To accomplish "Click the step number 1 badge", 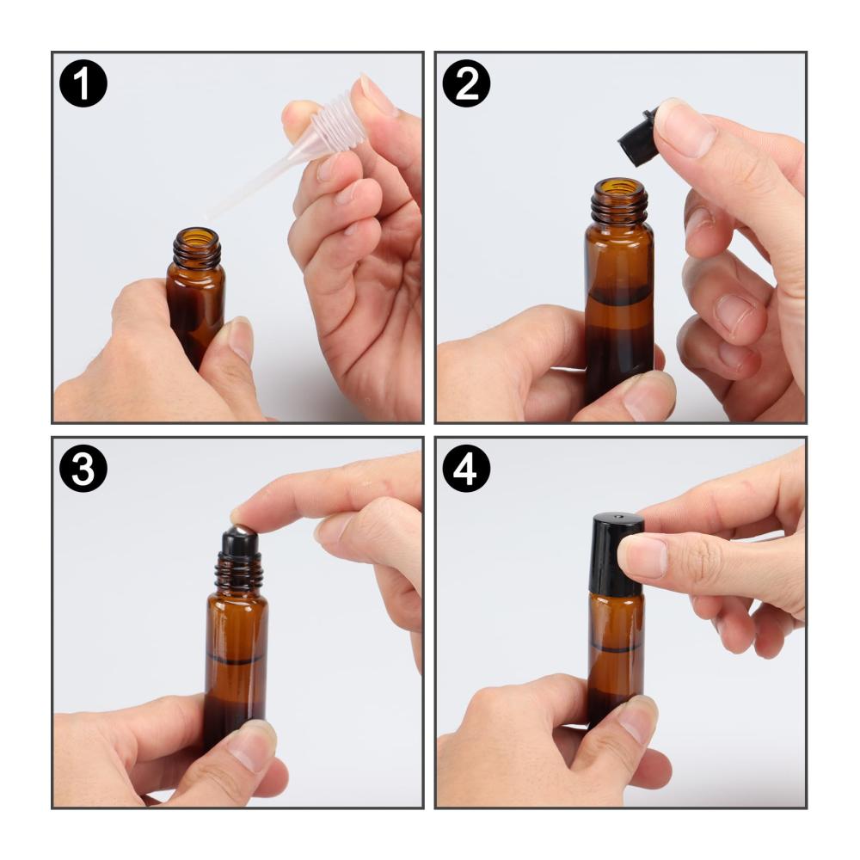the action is (83, 83).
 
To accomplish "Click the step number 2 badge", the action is (466, 83).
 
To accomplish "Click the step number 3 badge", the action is (83, 468).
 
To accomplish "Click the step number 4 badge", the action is (466, 468).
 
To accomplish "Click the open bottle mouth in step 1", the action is (197, 236).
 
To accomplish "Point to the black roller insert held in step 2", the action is (636, 133).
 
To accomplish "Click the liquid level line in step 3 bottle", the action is (236, 660).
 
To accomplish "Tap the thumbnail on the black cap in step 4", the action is (642, 556).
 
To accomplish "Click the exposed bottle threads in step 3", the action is (238, 572).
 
